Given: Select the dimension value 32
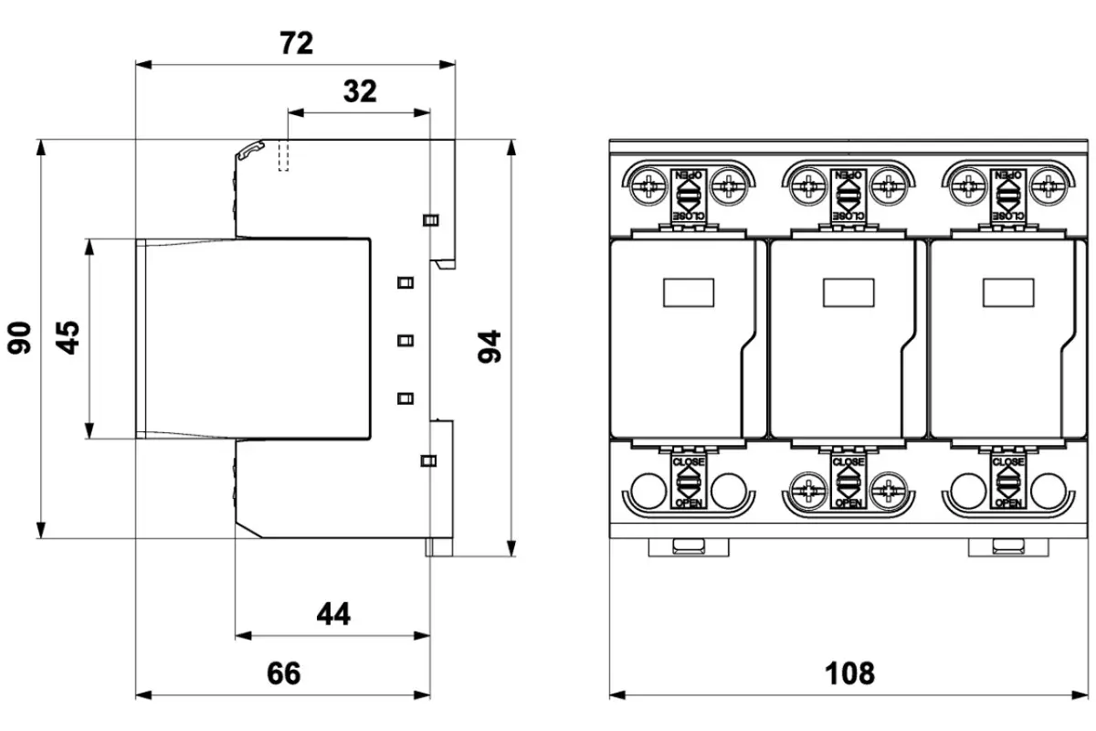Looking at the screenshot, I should (360, 91).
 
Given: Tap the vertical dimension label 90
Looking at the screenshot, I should (20, 337).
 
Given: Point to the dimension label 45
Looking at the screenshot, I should (68, 337).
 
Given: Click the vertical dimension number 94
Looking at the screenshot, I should (491, 347).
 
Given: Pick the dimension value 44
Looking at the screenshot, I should (333, 614).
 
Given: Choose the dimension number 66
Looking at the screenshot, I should (283, 673).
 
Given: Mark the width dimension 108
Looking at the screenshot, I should (849, 673).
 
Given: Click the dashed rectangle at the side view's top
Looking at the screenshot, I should (283, 155).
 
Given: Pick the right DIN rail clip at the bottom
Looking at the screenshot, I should (1008, 546).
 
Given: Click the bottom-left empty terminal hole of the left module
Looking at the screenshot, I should (647, 491).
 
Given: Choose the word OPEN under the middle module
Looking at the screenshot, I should (848, 503).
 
